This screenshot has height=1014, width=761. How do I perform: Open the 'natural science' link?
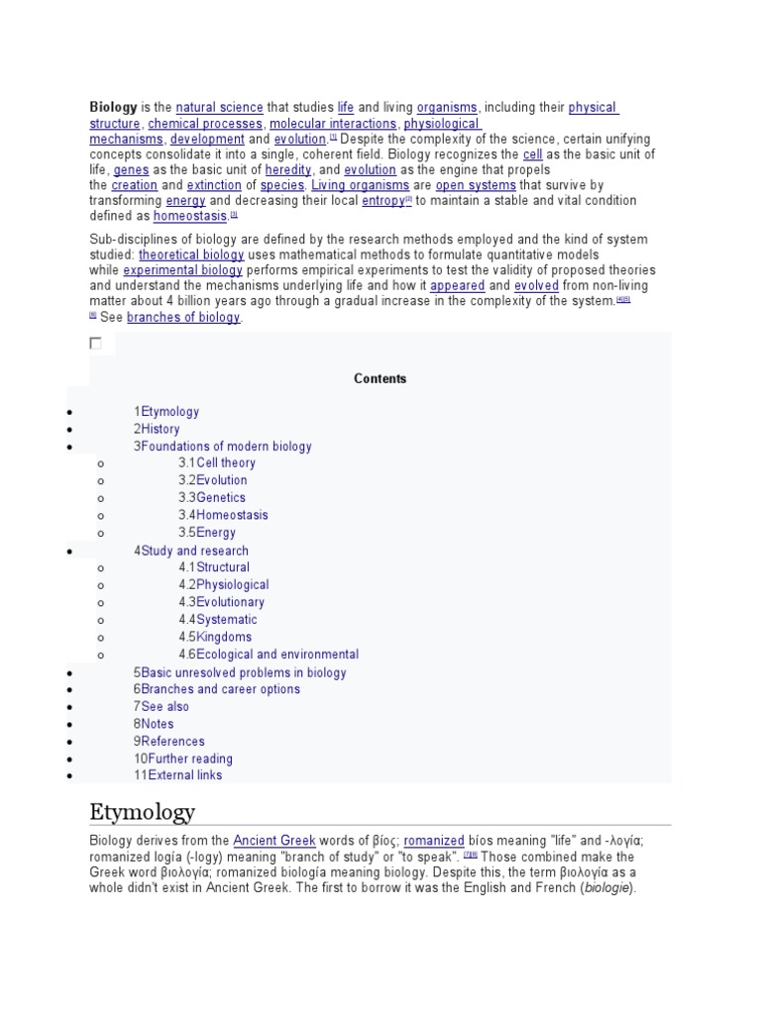tap(220, 107)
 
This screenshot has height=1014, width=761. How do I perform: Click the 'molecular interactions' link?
tap(332, 124)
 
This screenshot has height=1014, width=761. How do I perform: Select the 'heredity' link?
tap(288, 170)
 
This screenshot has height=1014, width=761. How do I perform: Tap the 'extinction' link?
tap(215, 185)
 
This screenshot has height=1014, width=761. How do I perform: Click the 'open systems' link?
tap(476, 185)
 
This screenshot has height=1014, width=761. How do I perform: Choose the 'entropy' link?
tap(382, 201)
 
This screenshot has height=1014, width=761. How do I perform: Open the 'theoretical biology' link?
tap(191, 254)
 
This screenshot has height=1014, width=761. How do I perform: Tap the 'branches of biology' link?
tap(183, 317)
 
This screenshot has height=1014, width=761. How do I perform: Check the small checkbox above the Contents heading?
tap(96, 344)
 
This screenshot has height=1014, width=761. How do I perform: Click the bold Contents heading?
tap(380, 378)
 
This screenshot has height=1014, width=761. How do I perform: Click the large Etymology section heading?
tap(143, 812)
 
